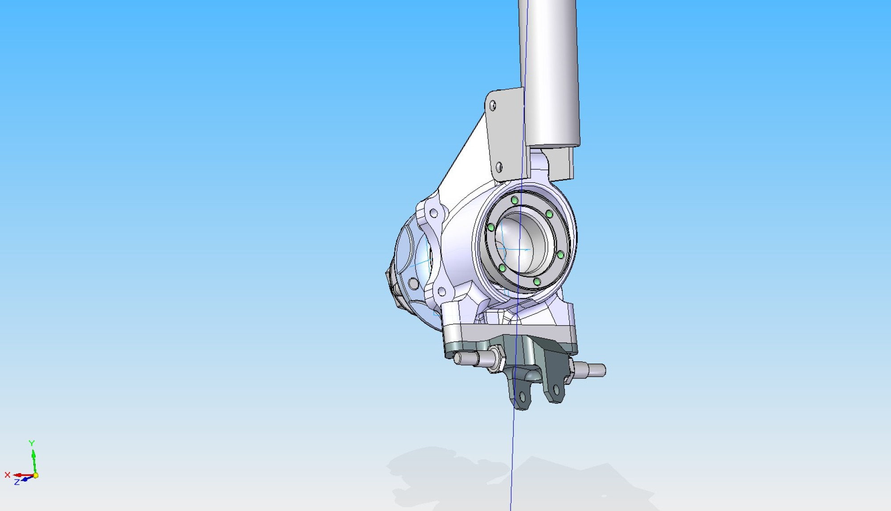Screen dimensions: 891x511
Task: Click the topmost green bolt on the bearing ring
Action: point(515,200)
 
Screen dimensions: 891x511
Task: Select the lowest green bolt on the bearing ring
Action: point(537,282)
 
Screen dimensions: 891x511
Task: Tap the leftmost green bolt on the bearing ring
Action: point(491,227)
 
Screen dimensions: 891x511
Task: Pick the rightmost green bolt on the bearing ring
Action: point(560,255)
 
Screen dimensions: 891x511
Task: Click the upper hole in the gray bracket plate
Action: point(493,105)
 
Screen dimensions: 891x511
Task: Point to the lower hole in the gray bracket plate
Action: point(499,167)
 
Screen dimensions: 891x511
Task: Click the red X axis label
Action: point(7,475)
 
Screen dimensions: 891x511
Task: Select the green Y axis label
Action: point(32,443)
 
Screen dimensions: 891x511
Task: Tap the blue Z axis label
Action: point(17,482)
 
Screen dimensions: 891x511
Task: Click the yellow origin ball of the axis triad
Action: point(36,475)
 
